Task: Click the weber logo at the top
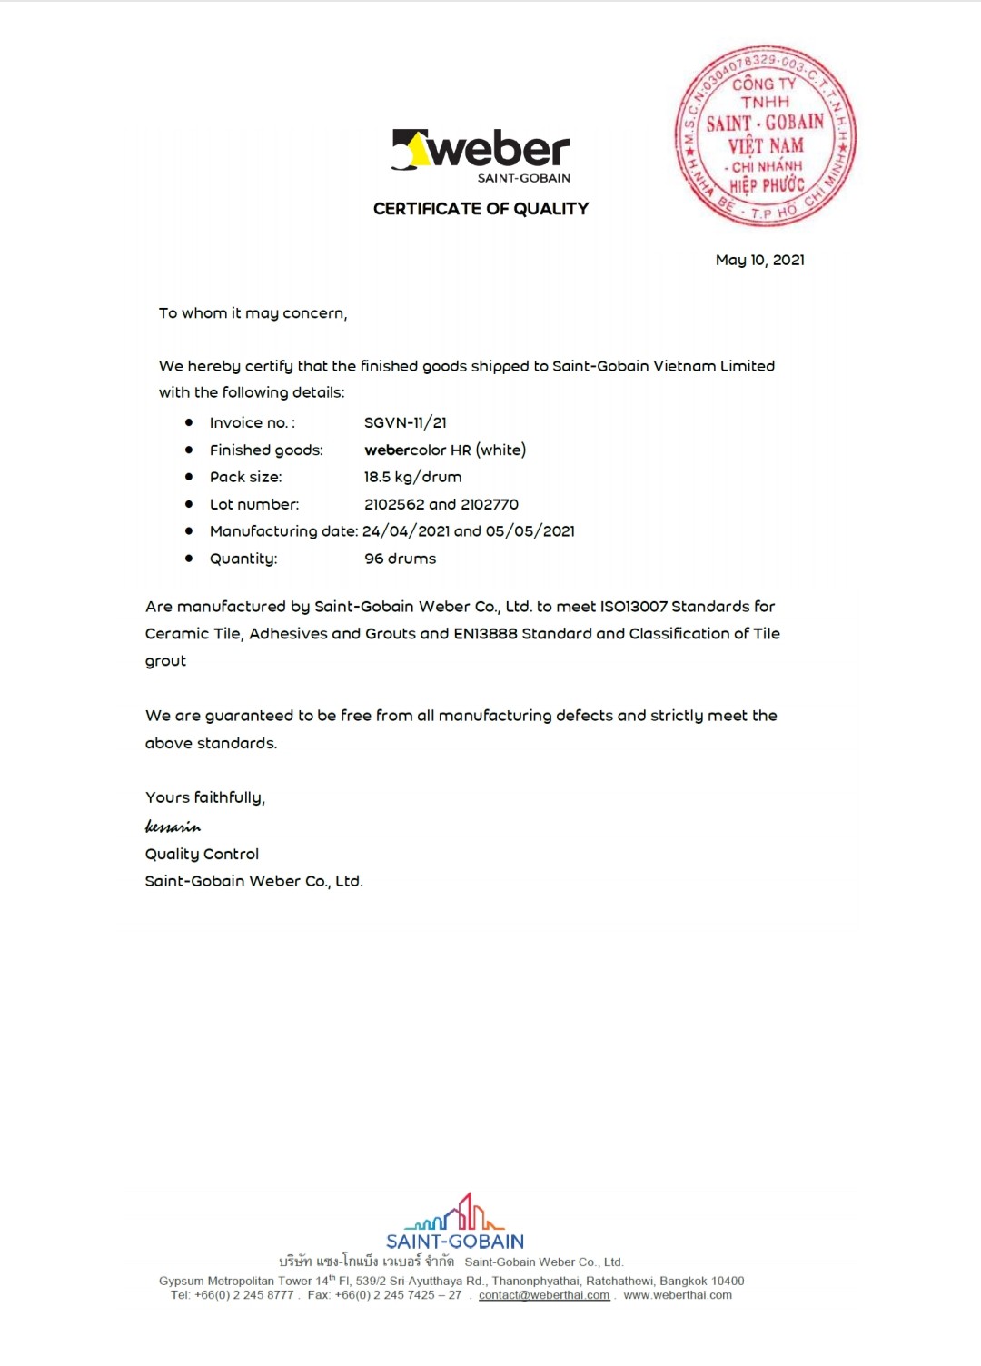coord(481,152)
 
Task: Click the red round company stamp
coord(765,136)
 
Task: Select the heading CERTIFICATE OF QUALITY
coord(481,209)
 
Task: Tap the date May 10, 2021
coord(759,260)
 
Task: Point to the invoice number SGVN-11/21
coord(405,422)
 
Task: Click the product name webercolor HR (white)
coord(445,450)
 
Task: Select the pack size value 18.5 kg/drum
coord(412,477)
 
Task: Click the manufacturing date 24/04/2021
coord(406,531)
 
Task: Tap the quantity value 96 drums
coord(400,559)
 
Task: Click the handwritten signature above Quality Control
coord(173,827)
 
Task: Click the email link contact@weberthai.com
coord(544,1295)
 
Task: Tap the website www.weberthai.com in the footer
coord(678,1295)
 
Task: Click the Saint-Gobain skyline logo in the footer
coord(455,1222)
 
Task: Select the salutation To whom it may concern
coord(253,313)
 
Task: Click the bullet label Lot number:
coord(254,504)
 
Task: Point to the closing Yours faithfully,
coord(205,797)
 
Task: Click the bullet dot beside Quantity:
coord(189,559)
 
